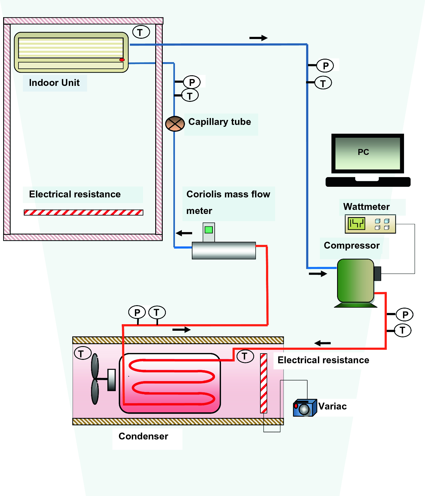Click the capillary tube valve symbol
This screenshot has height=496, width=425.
175,124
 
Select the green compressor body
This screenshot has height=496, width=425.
356,280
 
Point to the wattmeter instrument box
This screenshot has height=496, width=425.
370,224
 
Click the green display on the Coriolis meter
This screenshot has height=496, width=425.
208,230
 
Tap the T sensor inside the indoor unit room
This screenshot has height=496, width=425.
141,32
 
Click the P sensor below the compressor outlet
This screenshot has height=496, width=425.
405,315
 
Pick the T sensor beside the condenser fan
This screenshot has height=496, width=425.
82,353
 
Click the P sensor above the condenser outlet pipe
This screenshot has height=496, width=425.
137,312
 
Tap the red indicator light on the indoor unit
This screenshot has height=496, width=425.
122,60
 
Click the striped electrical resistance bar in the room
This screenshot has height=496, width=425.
83,212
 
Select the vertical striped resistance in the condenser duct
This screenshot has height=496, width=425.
264,383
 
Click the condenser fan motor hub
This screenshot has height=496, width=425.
111,380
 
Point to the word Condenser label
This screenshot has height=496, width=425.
143,436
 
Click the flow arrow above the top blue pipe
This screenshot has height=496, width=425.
258,38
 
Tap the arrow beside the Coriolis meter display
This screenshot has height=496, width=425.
184,233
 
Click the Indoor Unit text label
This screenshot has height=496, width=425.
54,83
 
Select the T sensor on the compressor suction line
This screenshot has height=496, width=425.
323,83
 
